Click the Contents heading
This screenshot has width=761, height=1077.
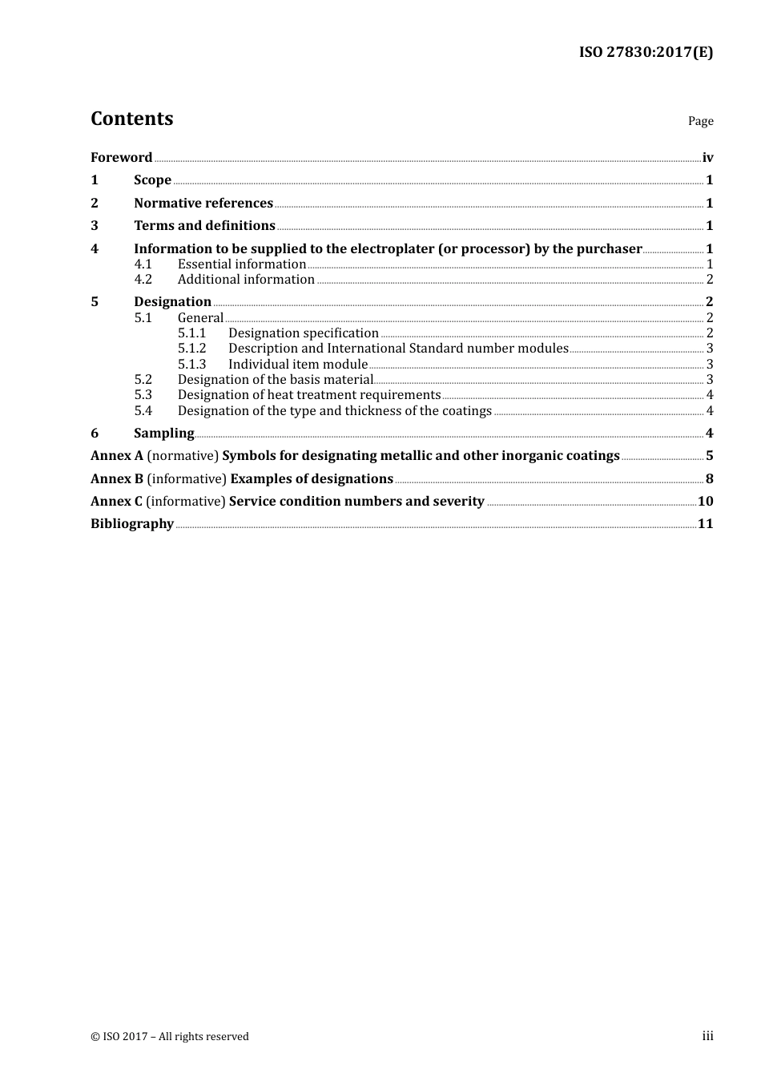(x=131, y=119)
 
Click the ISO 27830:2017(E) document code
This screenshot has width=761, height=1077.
(x=646, y=52)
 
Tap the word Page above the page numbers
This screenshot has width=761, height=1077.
(x=700, y=121)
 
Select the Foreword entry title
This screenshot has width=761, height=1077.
(x=121, y=157)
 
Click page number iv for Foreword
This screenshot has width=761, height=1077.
(x=707, y=157)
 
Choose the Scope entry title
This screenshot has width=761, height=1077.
(x=152, y=179)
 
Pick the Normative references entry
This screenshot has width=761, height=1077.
(x=203, y=203)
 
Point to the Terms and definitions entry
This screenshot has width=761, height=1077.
(x=204, y=225)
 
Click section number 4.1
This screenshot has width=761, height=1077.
(x=143, y=264)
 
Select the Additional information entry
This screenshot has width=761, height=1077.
(x=246, y=279)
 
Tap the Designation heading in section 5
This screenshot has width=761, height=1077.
(x=172, y=301)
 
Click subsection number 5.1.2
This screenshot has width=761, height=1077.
(x=191, y=348)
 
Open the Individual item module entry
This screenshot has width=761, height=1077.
(x=298, y=364)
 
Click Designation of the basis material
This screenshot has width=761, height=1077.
(x=276, y=379)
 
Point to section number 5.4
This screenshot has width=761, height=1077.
(x=143, y=410)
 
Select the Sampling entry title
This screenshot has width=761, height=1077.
(x=163, y=433)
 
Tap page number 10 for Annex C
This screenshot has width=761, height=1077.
(x=705, y=501)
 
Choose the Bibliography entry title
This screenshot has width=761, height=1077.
(x=132, y=523)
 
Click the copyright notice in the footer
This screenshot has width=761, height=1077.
(x=170, y=1036)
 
